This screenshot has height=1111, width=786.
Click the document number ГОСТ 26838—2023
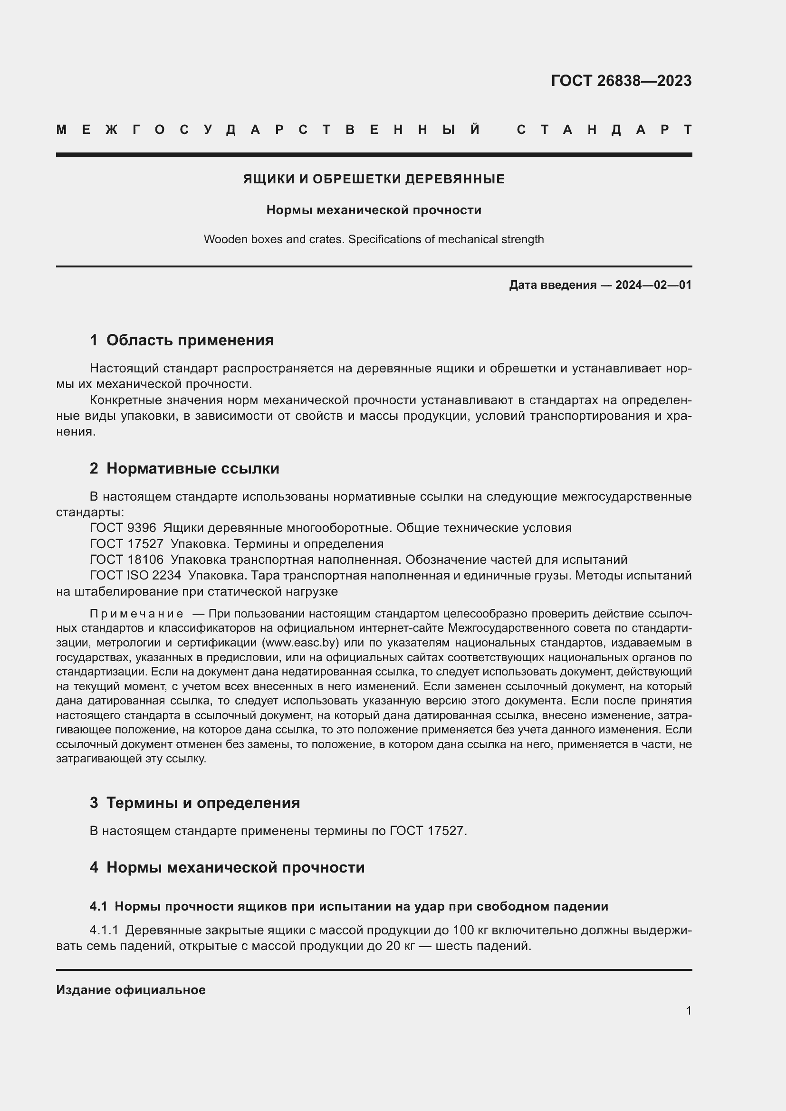coord(621,81)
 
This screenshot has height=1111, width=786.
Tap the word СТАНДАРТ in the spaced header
coord(604,130)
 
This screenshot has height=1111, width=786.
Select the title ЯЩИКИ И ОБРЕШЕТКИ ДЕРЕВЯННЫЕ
coord(374,179)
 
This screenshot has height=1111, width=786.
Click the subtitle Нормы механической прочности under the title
coord(374,210)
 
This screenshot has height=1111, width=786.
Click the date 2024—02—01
coord(653,285)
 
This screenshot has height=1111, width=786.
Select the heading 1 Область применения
coord(182,340)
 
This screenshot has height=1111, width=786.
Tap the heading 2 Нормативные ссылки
coord(184,468)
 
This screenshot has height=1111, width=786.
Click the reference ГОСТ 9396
coord(123,528)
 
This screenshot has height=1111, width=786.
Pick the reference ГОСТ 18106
coord(127,560)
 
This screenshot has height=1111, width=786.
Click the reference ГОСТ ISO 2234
coord(135,575)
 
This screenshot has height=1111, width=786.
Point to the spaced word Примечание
coord(136,614)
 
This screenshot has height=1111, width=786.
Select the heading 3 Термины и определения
coord(194,803)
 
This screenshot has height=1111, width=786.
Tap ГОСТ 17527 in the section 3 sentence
coord(426,831)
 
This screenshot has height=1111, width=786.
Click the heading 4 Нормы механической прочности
coord(227,867)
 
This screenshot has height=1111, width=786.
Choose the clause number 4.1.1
coord(104,930)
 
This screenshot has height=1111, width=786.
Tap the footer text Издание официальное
coord(131,990)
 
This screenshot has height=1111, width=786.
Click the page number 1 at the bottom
coord(688,1010)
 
